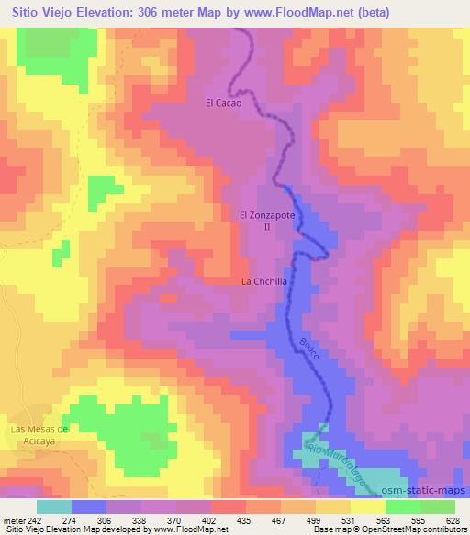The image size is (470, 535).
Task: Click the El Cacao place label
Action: [223, 104]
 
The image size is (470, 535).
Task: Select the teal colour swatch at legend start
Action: [53, 507]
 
